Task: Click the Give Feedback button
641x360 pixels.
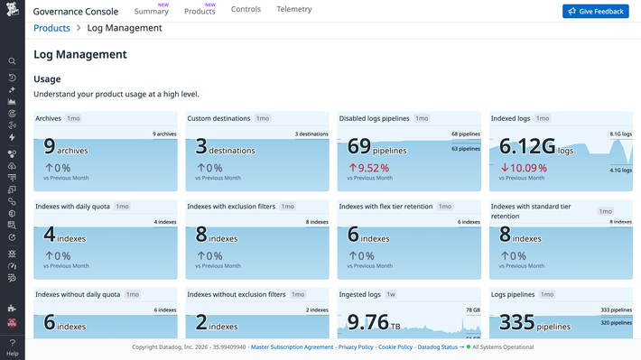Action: (x=595, y=11)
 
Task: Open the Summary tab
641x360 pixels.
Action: (x=151, y=11)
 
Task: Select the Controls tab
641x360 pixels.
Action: (x=246, y=9)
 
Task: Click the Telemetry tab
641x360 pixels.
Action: (x=294, y=9)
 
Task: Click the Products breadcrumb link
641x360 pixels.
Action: (x=51, y=28)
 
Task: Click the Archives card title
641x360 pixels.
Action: (x=49, y=118)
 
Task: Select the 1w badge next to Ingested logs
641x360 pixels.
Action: (x=390, y=294)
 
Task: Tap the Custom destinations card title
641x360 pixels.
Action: (x=218, y=118)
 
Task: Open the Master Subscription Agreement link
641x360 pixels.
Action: (x=292, y=346)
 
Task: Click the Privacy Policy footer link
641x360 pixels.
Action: (x=356, y=346)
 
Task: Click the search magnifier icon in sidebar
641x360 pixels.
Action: (x=12, y=61)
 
